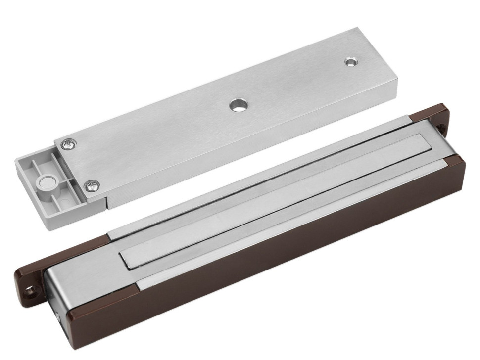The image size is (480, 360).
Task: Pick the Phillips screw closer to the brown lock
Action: pos(92,185)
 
